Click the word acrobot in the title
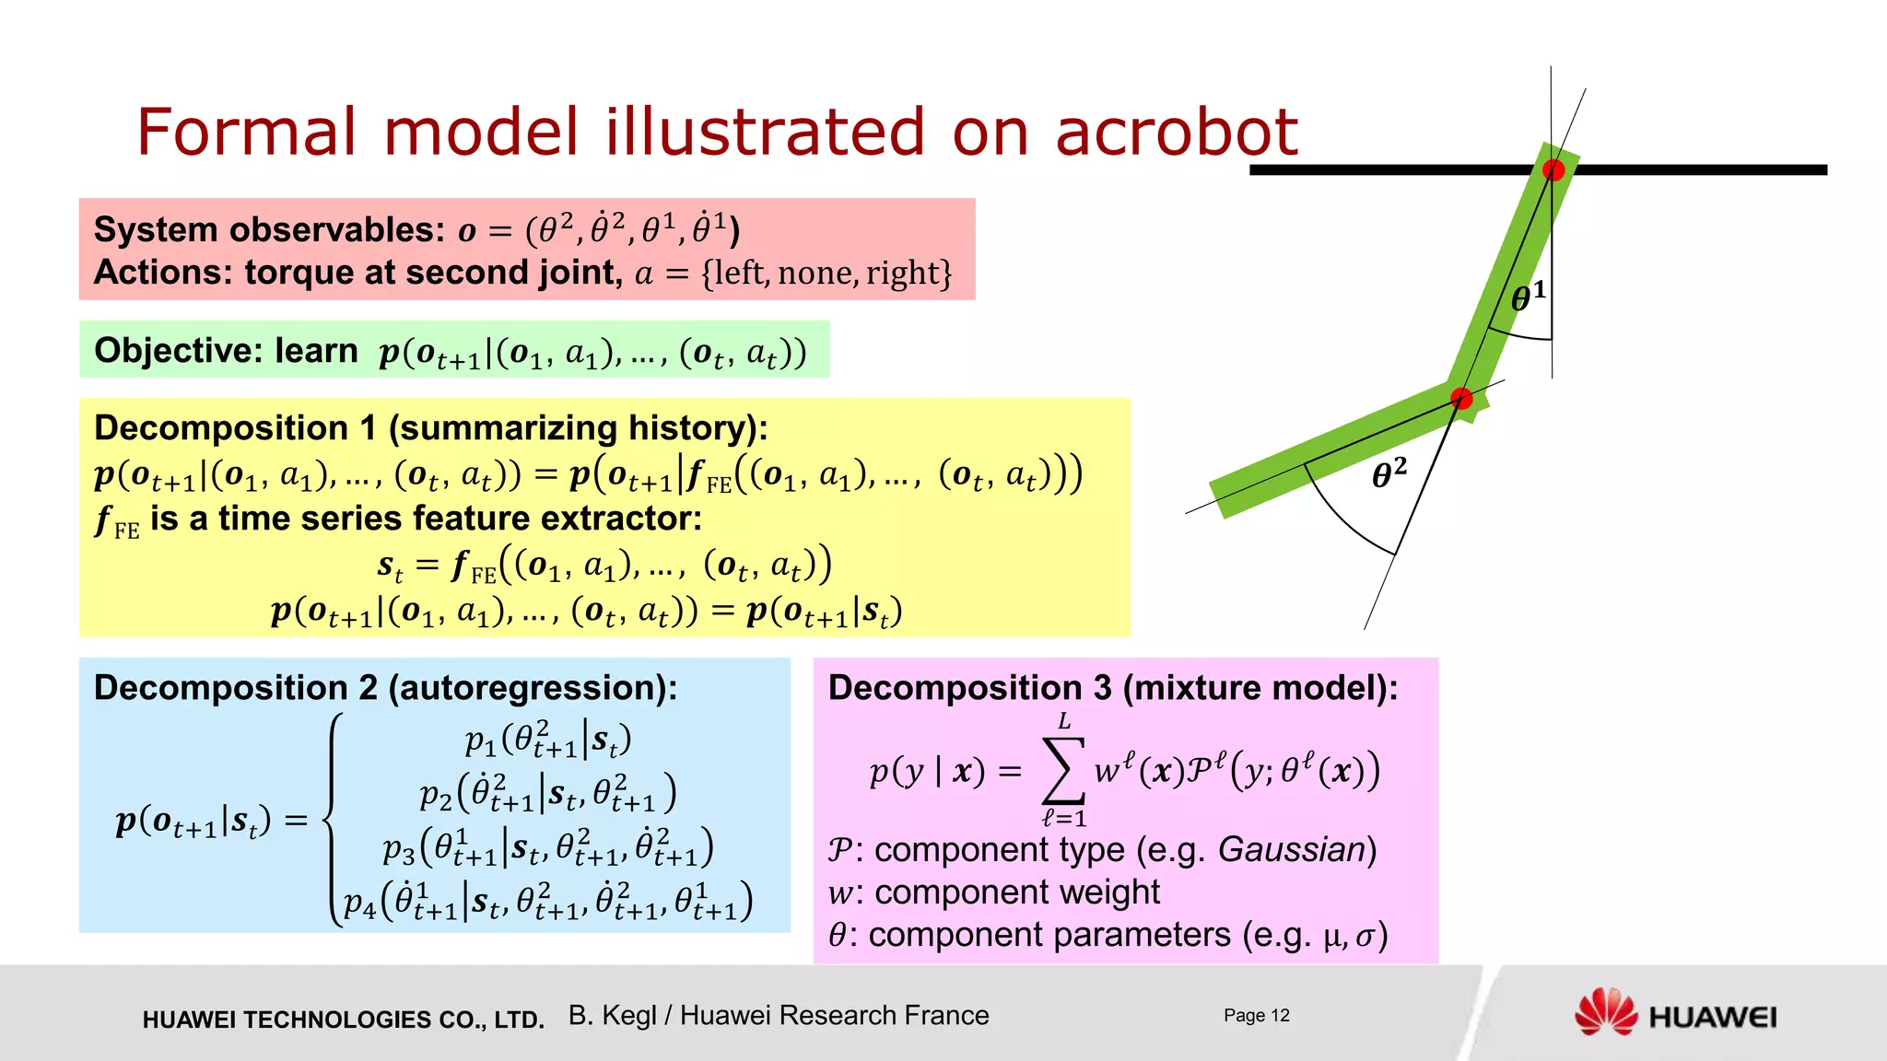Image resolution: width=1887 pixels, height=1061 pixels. (x=1176, y=132)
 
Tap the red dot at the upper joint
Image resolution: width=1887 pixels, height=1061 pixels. (x=1553, y=169)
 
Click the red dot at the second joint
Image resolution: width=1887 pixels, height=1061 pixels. (x=1461, y=399)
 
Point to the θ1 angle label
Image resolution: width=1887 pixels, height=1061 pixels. (x=1528, y=297)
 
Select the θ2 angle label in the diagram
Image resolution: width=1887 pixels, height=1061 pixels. (x=1389, y=473)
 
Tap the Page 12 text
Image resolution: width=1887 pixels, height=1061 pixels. (x=1256, y=1015)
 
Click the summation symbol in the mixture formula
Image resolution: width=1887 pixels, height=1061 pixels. (x=1062, y=771)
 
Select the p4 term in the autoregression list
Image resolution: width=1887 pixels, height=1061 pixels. (x=359, y=902)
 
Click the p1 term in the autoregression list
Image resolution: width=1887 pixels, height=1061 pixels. (x=480, y=740)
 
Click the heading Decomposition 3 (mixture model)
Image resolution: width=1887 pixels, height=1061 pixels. (x=1112, y=688)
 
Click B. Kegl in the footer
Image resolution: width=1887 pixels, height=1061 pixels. (x=612, y=1015)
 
